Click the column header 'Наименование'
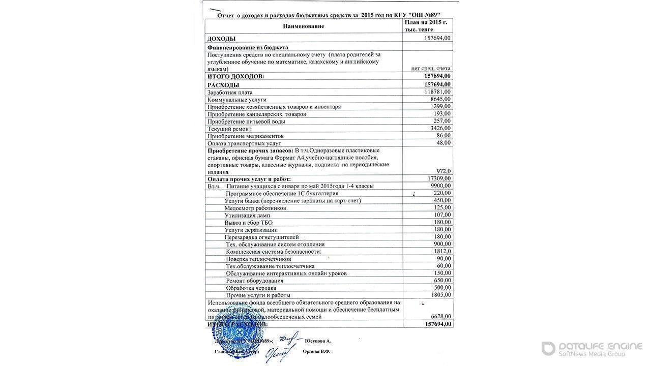click(x=303, y=26)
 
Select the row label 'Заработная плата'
click(x=230, y=93)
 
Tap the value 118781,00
click(x=437, y=92)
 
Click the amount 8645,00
click(x=440, y=99)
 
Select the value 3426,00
click(x=440, y=129)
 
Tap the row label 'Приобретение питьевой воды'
click(x=246, y=121)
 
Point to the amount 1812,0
click(x=441, y=252)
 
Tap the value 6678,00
click(x=440, y=317)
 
